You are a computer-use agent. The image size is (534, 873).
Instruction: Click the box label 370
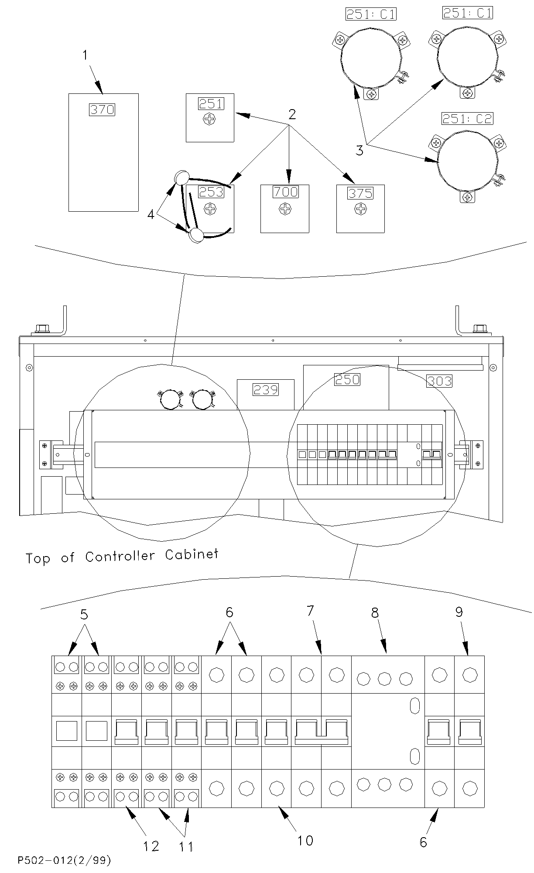point(102,109)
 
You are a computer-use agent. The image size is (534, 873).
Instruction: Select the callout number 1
point(86,55)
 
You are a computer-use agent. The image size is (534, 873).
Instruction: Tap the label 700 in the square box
point(286,192)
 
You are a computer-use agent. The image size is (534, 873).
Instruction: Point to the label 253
point(211,192)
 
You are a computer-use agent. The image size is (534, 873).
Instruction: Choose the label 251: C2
point(467,118)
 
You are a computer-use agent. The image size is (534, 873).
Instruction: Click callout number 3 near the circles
point(359,151)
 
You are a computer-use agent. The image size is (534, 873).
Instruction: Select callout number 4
point(151,215)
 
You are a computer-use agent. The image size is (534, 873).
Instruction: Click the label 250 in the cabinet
point(347,379)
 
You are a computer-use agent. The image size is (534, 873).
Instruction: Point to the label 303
point(439,381)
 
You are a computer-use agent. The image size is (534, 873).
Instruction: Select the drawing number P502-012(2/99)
point(65,861)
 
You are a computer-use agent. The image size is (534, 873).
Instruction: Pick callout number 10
point(305,840)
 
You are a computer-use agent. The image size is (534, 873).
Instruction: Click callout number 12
point(151,846)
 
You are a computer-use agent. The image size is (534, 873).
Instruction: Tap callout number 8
point(375,613)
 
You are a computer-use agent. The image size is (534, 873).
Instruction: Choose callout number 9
point(459,612)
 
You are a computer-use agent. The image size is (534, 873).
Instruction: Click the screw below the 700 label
point(285,209)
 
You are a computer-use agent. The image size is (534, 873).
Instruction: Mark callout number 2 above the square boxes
point(292,114)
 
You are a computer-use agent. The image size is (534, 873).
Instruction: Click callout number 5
point(84,615)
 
